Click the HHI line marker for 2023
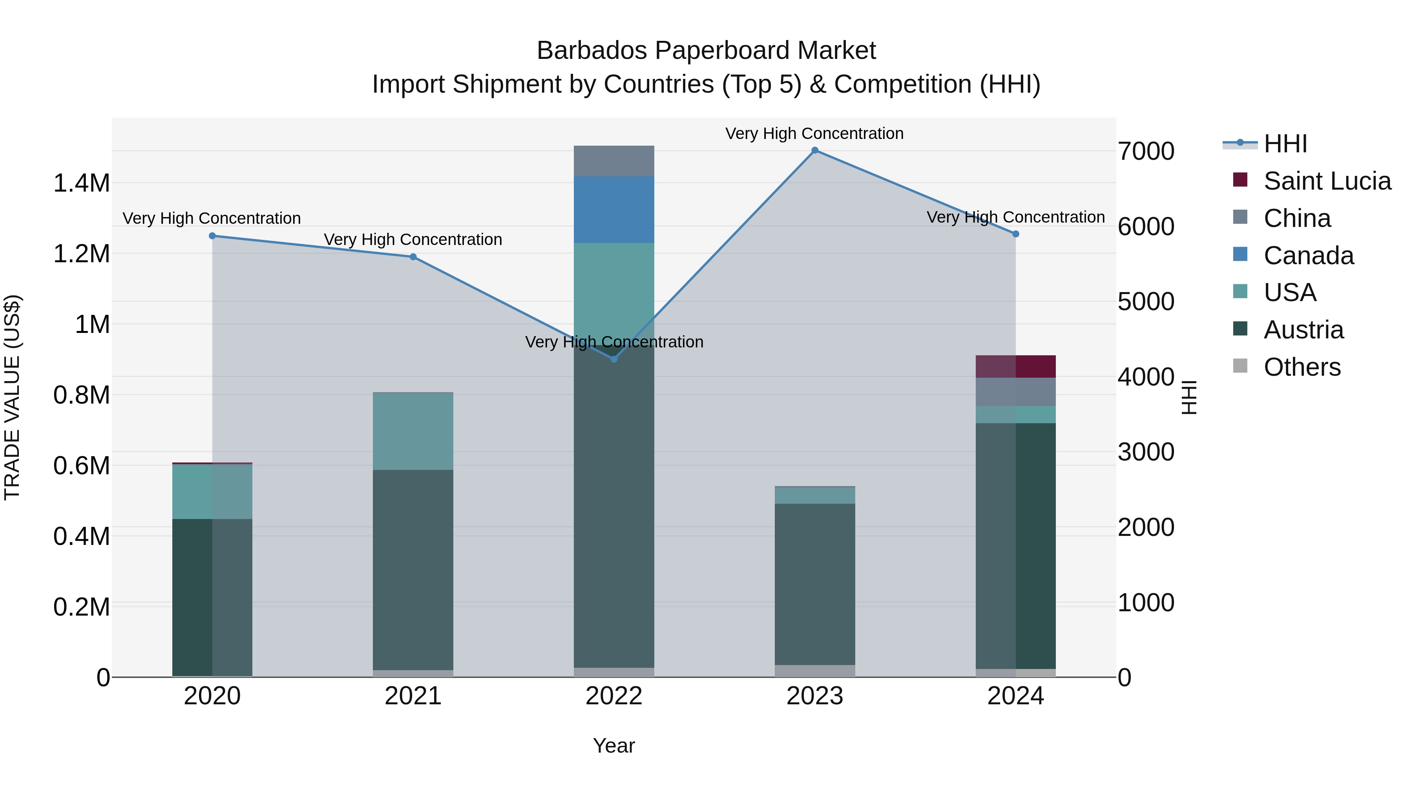tap(814, 150)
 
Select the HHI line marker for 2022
tap(614, 359)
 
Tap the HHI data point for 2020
tap(212, 236)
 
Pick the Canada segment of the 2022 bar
tap(614, 210)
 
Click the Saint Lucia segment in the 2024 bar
tap(1015, 367)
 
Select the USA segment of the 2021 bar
tap(413, 431)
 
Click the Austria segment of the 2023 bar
tap(814, 584)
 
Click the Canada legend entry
tap(1308, 256)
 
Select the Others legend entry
tap(1302, 367)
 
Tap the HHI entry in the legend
tap(1285, 144)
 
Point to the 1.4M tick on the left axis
tap(82, 183)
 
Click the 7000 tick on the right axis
tap(1146, 152)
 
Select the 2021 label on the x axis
tap(413, 696)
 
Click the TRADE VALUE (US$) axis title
tap(12, 397)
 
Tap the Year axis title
tap(614, 746)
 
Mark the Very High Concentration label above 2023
tap(814, 133)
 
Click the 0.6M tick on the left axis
tap(82, 466)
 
